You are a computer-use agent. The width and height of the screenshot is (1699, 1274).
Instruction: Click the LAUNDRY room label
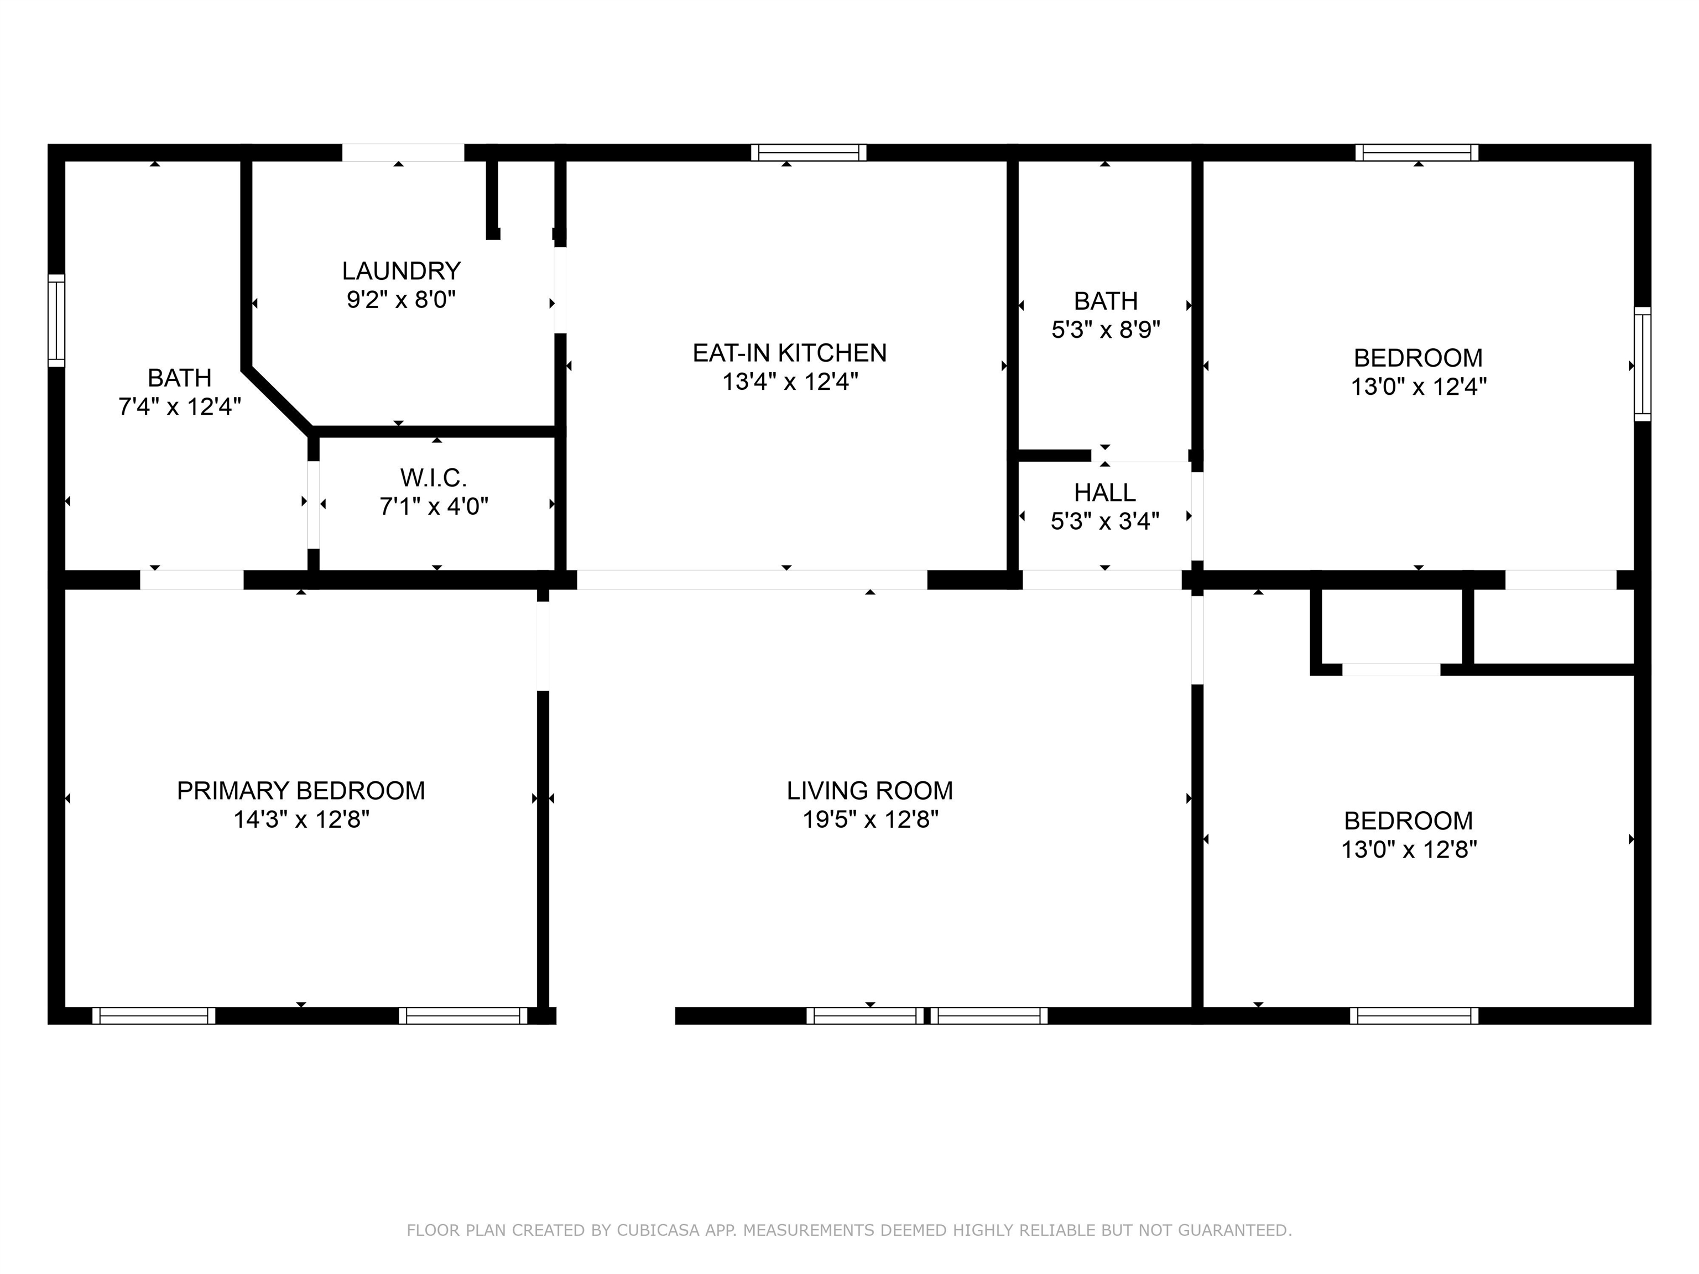[401, 271]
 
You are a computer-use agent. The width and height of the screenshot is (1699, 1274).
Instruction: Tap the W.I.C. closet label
[433, 478]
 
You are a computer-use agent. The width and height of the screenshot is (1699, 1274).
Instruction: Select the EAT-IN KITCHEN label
[790, 353]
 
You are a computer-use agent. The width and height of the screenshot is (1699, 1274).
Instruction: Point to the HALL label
[1104, 492]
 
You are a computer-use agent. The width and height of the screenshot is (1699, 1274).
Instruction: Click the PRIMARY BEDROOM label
[301, 791]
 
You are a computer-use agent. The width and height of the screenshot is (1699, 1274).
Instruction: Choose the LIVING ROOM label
[869, 791]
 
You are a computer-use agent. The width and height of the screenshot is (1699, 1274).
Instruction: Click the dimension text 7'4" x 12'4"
[180, 407]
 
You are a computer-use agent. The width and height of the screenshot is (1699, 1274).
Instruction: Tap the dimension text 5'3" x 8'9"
[1105, 330]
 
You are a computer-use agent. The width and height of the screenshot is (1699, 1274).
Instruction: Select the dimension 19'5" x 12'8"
[870, 820]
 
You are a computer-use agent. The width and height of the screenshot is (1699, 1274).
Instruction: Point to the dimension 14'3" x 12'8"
[301, 820]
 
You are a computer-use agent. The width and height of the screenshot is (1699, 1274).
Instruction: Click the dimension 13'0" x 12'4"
[1419, 387]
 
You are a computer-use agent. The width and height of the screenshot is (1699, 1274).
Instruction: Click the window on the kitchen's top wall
[809, 152]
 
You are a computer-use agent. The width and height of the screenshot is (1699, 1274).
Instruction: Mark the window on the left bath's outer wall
[56, 320]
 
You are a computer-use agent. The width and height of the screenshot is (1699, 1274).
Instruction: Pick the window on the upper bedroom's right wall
[1642, 364]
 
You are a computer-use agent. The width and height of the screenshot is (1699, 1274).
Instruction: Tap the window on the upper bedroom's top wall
[1417, 152]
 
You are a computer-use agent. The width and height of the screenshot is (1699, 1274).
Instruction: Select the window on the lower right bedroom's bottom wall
[1414, 1015]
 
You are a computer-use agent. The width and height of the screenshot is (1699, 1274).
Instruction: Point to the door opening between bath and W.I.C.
[314, 504]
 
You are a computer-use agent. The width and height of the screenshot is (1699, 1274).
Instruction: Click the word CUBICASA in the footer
[658, 1230]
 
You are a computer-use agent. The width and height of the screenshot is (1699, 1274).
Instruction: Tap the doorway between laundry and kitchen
[561, 290]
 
